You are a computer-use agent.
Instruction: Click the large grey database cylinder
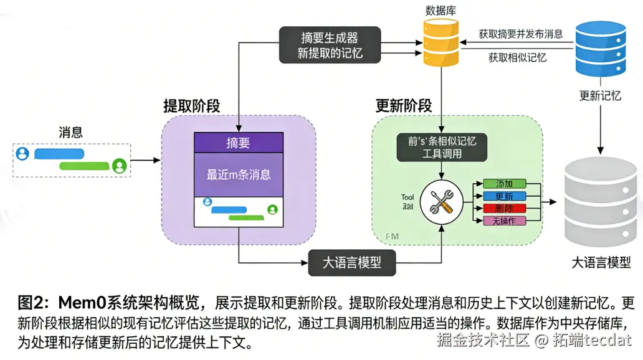point(603,199)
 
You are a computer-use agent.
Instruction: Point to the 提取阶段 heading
point(191,106)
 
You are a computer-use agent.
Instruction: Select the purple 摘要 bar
point(238,143)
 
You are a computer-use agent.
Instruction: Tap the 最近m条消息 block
point(238,174)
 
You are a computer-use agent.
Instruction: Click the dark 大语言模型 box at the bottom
point(353,262)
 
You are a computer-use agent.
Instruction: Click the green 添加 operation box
point(505,184)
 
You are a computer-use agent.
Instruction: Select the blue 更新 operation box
point(505,196)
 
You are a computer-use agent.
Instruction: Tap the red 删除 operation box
point(505,209)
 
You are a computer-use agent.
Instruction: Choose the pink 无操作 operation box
point(505,221)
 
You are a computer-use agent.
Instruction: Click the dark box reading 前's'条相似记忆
point(442,147)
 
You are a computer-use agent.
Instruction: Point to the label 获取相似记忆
point(517,57)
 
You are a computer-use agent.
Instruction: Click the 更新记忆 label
point(600,96)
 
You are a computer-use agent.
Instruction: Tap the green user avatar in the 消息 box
point(120,166)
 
